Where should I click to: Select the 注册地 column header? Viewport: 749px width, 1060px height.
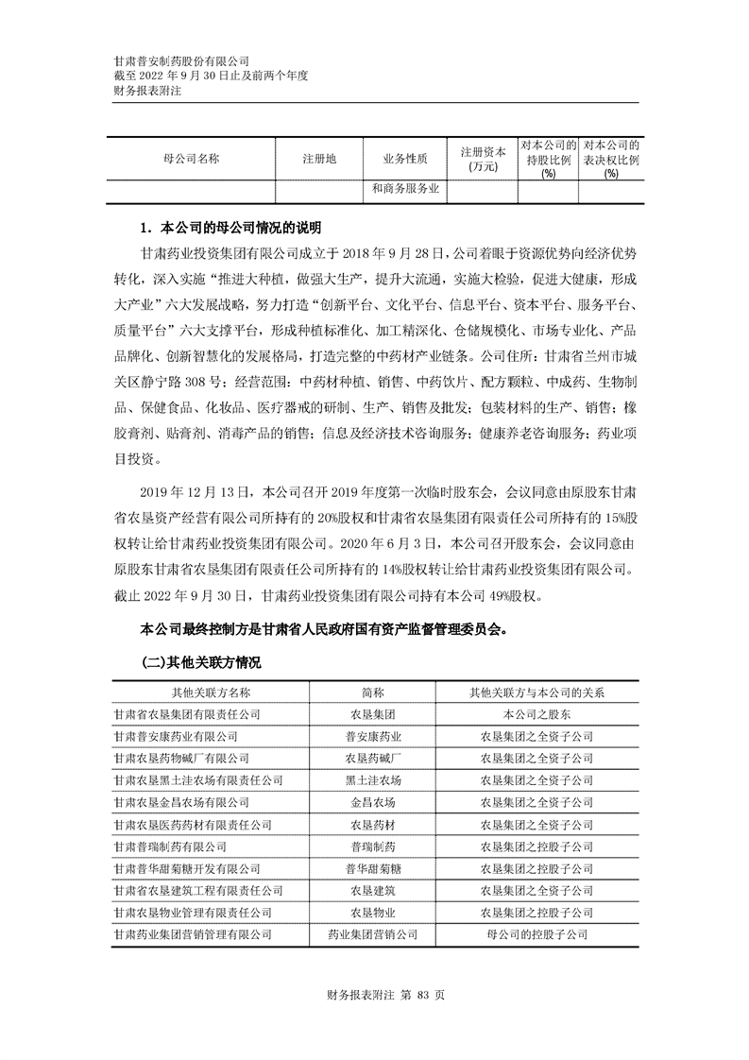coord(318,160)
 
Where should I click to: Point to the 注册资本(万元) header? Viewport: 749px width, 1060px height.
coord(483,160)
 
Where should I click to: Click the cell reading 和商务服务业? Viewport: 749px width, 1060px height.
coord(405,190)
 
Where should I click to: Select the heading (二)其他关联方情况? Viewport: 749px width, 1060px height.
coord(200,663)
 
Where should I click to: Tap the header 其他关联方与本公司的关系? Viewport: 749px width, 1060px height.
coord(536,692)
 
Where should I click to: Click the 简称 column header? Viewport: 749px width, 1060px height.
coord(373,692)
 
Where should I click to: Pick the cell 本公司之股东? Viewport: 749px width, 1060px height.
coord(536,714)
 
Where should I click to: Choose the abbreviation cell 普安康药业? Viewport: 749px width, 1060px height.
coord(373,736)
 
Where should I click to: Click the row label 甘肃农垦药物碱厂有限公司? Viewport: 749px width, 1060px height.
coord(180,758)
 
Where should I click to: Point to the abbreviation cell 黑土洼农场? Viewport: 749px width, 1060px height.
coord(373,780)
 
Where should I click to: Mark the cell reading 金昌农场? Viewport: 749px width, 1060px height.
coord(373,802)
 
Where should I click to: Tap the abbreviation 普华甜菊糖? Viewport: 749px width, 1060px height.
coord(373,868)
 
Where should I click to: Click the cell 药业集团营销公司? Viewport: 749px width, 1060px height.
coord(373,934)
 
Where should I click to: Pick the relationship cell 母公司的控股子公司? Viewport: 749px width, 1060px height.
coord(536,934)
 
